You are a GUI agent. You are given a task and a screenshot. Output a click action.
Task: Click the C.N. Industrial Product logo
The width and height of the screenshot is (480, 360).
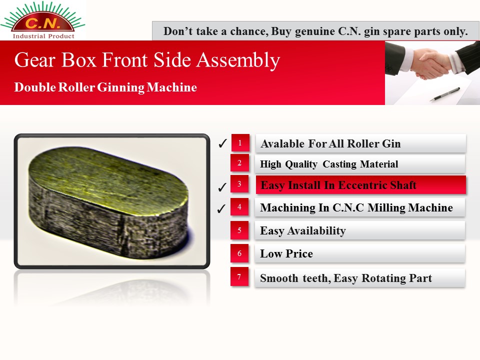(43, 20)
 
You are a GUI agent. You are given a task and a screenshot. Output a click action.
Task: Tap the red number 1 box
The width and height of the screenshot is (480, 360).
(240, 142)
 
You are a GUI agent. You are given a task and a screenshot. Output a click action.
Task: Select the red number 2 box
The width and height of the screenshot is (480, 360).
(239, 163)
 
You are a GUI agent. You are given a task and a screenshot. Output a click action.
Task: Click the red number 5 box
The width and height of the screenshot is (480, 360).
(239, 230)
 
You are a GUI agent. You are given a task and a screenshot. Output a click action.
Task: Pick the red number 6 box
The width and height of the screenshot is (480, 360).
(239, 253)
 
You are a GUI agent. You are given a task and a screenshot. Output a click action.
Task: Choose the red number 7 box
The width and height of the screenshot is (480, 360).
(239, 277)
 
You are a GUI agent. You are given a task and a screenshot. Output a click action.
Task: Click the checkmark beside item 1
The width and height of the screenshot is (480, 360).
(222, 143)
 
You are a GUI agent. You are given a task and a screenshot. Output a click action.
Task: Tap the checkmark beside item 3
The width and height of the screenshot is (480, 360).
(222, 187)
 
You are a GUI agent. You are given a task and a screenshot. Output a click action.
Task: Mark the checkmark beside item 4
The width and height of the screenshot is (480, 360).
(221, 208)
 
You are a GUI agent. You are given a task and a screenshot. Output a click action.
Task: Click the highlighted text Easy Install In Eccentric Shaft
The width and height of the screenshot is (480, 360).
(338, 185)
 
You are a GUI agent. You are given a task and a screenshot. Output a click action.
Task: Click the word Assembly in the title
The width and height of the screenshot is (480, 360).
(238, 60)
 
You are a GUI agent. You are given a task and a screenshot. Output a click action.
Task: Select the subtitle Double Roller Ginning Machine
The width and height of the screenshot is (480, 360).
(105, 87)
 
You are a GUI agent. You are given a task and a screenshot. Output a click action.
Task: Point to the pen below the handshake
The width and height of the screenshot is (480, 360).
(445, 94)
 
